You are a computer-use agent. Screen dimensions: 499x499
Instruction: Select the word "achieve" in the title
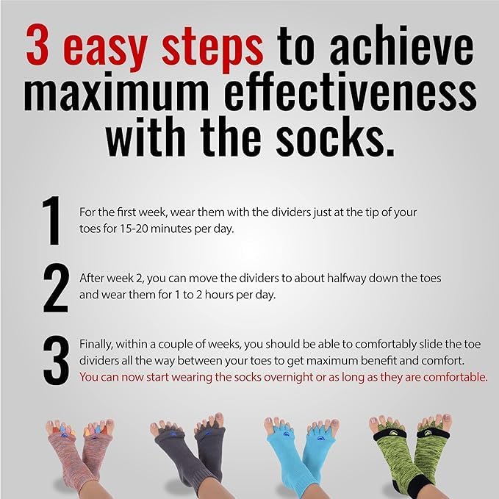[401, 45]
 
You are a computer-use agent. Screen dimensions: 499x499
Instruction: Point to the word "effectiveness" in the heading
[351, 90]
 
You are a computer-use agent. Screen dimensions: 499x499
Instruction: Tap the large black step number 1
[51, 220]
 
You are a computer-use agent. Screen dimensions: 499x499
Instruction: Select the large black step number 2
[55, 288]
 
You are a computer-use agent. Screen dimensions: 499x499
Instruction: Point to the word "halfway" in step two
[347, 279]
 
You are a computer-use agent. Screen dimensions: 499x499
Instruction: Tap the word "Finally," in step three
[96, 345]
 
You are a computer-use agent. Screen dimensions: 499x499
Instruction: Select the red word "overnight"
[289, 378]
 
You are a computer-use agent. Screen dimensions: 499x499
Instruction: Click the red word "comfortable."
[456, 377]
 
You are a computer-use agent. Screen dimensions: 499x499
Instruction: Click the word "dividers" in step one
[291, 212]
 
